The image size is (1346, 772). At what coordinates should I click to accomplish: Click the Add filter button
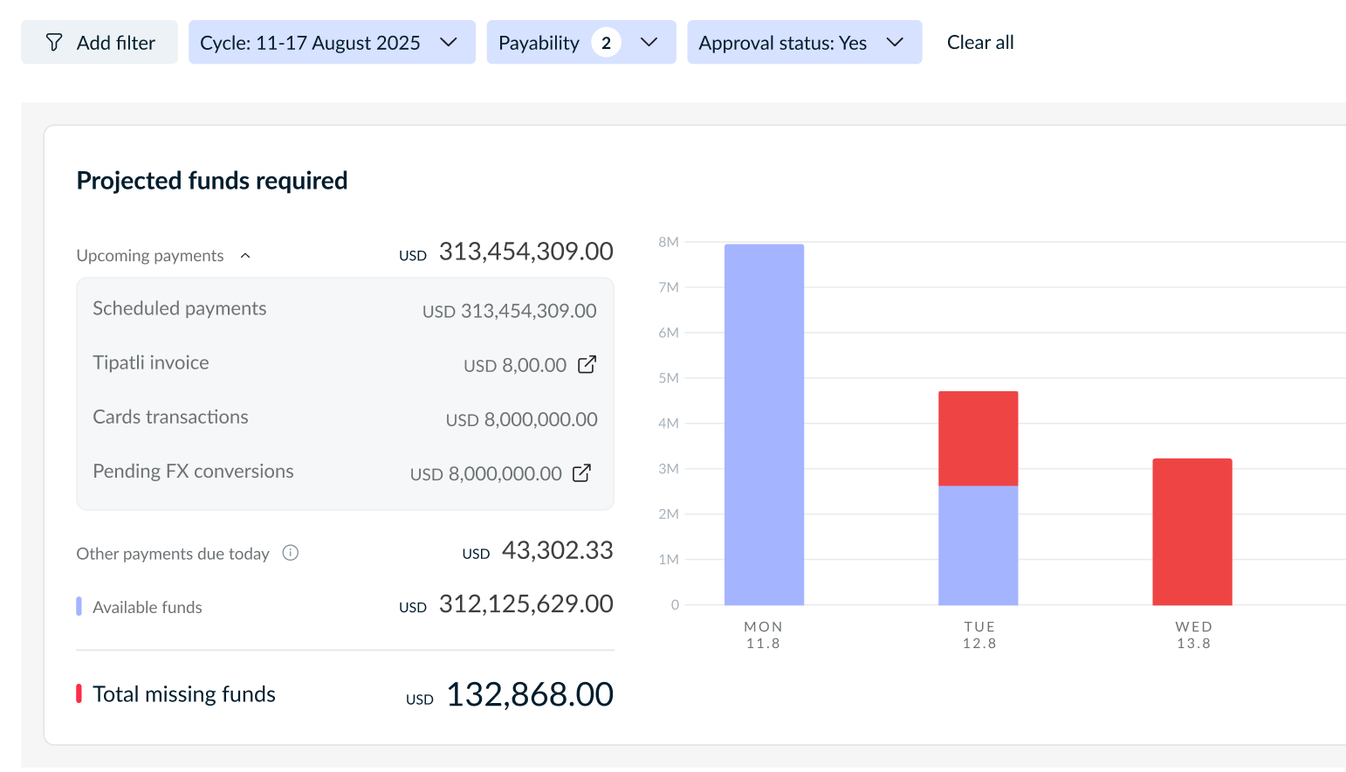(100, 42)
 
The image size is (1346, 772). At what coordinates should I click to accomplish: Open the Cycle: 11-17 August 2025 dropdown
(332, 42)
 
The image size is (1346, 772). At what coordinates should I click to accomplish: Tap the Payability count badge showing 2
(606, 43)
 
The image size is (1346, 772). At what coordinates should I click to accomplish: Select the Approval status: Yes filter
(805, 42)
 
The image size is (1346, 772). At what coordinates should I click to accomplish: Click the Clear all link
(980, 42)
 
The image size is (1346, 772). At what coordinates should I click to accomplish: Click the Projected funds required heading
(212, 181)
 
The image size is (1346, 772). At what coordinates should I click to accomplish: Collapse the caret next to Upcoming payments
(245, 256)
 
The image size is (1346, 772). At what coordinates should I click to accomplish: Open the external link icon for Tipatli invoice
(587, 364)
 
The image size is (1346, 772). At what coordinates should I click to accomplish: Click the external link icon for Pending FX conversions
(581, 473)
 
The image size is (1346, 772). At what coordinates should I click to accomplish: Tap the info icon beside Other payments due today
(290, 553)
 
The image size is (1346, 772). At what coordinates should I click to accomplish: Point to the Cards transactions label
(170, 417)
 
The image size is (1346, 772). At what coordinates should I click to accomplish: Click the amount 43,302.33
(557, 550)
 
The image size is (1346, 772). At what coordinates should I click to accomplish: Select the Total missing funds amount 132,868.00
(529, 694)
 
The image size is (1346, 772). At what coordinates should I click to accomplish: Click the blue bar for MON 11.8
(765, 424)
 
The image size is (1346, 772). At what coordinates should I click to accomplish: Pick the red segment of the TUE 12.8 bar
(979, 438)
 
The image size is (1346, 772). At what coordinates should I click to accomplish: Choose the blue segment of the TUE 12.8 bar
(979, 545)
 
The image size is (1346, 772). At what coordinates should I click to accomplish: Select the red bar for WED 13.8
(1192, 532)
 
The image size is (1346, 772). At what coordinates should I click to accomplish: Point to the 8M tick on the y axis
(668, 242)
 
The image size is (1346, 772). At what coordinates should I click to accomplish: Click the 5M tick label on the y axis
(668, 377)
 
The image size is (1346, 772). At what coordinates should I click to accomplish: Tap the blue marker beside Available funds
(79, 606)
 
